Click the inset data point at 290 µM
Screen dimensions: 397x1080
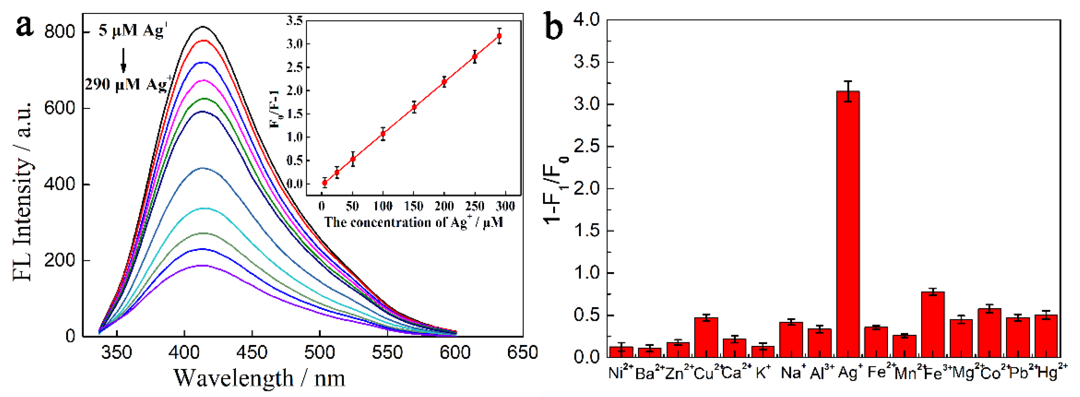pos(499,36)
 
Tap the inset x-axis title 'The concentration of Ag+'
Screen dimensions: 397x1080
pos(413,222)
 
